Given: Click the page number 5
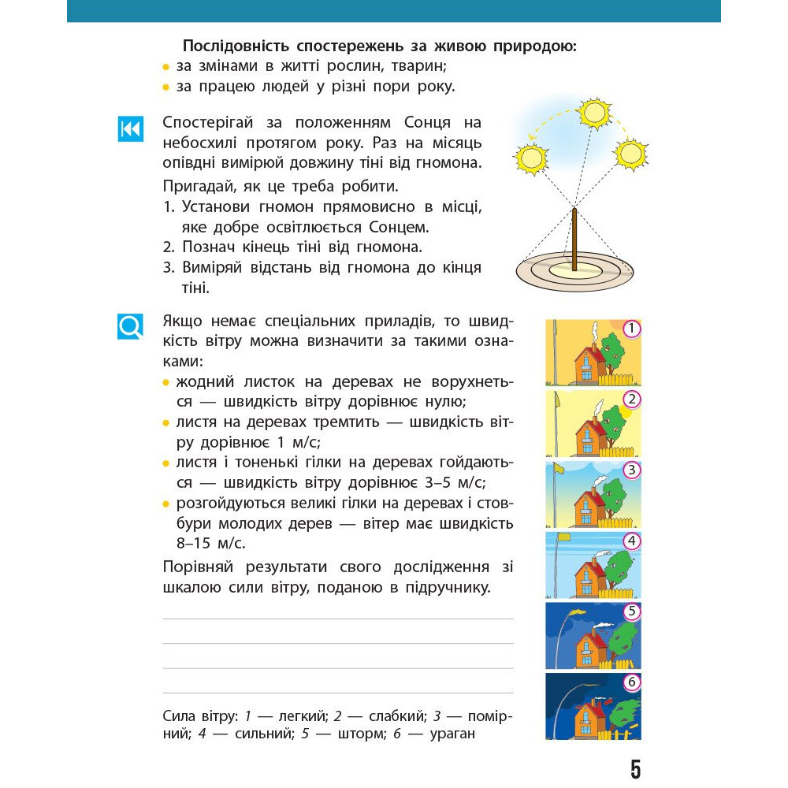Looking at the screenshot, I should click(x=636, y=769).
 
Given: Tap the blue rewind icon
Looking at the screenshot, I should click(x=130, y=128).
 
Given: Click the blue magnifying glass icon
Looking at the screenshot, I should click(x=130, y=325).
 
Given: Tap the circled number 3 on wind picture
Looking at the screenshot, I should click(x=631, y=470).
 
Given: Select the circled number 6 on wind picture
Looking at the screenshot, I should click(x=631, y=682).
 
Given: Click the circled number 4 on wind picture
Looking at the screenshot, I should click(x=631, y=541).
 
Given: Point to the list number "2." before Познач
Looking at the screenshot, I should click(x=169, y=247).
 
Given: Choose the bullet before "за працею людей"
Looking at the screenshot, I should click(x=166, y=87).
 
